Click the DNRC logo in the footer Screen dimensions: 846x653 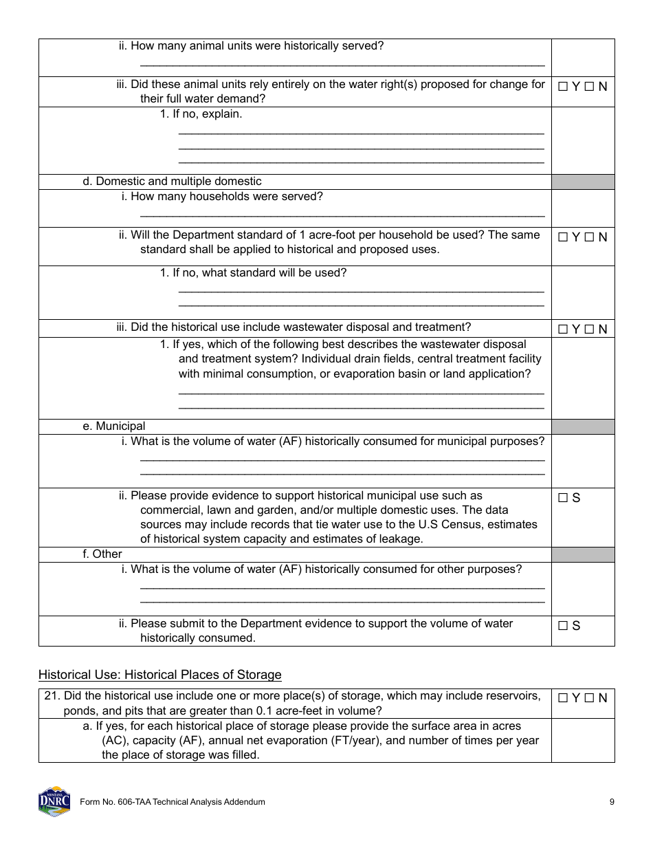(54, 801)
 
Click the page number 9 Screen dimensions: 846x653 (612, 802)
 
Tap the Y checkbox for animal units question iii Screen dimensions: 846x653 (563, 87)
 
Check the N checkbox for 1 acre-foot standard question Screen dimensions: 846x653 (589, 237)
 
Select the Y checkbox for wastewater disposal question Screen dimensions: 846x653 (563, 329)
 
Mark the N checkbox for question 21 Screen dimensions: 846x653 (589, 698)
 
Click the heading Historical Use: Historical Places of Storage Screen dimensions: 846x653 (159, 675)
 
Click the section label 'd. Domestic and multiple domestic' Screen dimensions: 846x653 (172, 182)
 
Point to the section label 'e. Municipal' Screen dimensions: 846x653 (113, 426)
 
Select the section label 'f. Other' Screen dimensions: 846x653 (102, 554)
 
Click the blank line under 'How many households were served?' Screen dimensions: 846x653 (342, 215)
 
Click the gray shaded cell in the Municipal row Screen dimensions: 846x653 (582, 426)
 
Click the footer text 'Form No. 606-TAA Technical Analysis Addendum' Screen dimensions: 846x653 (173, 802)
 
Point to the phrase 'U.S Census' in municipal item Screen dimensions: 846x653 (476, 524)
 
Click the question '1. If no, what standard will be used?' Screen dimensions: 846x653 (253, 273)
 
